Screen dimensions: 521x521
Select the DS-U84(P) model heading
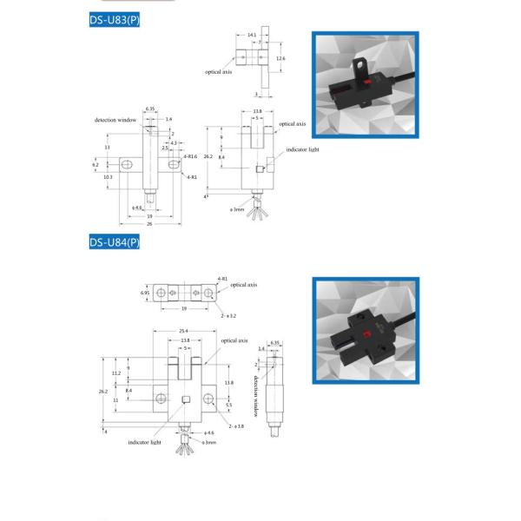[x=114, y=242]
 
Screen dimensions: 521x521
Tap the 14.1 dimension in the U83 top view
[x=252, y=35]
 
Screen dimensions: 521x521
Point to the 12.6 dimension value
[x=280, y=58]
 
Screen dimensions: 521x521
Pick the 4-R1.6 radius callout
[x=191, y=157]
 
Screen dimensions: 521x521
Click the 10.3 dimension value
[x=108, y=176]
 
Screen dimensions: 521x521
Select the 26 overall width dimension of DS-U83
[x=150, y=224]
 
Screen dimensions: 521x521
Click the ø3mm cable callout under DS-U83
[x=237, y=209]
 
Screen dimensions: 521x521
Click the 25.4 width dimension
[x=185, y=331]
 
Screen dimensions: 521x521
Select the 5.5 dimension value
[x=229, y=405]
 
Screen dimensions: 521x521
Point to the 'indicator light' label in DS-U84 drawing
[x=145, y=442]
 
